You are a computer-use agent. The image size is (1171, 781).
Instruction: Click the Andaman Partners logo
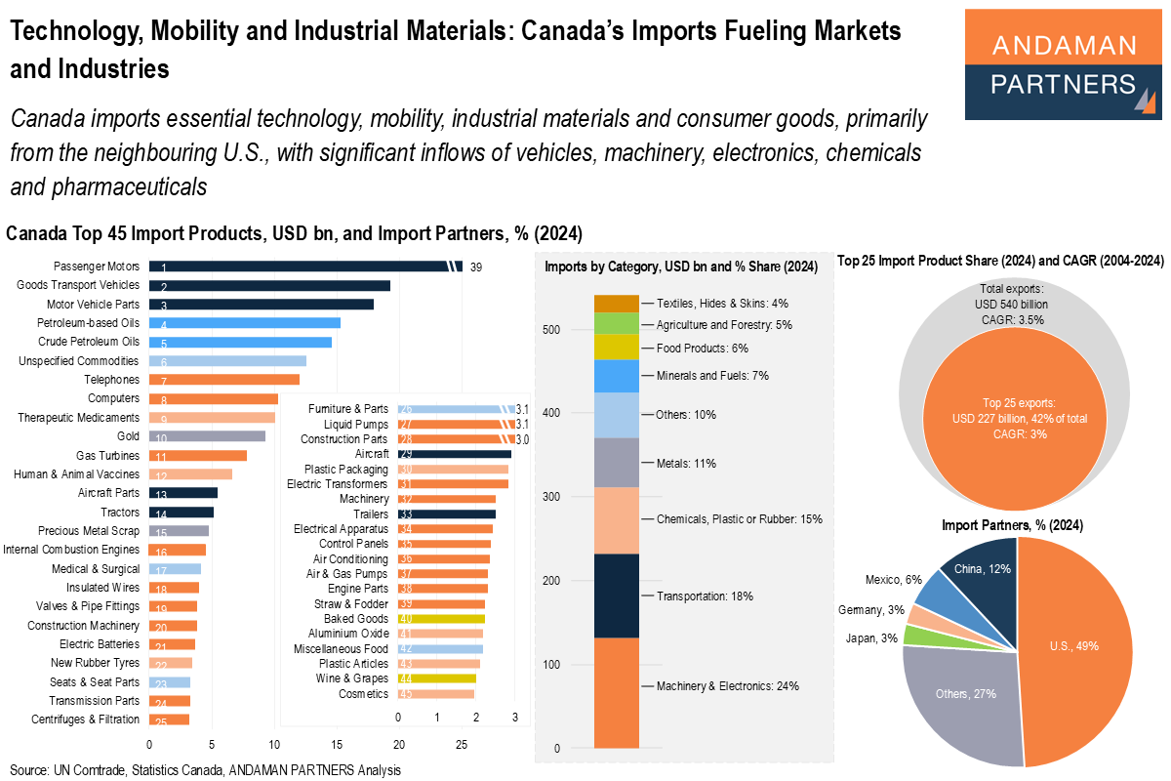click(1064, 64)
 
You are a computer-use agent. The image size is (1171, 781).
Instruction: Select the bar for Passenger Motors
click(303, 267)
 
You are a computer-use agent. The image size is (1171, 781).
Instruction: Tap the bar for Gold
click(206, 436)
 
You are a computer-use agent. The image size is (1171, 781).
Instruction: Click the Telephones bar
click(223, 380)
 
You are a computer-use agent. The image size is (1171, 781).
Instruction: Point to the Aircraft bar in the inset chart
click(454, 454)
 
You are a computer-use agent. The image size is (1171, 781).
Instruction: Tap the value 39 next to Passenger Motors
click(476, 267)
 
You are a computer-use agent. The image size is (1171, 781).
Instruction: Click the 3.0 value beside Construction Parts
click(522, 439)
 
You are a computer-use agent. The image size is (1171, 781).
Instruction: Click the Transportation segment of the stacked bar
click(617, 596)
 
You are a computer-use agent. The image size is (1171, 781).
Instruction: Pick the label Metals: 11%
click(686, 464)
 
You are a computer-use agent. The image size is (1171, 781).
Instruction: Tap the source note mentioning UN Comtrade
click(205, 770)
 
